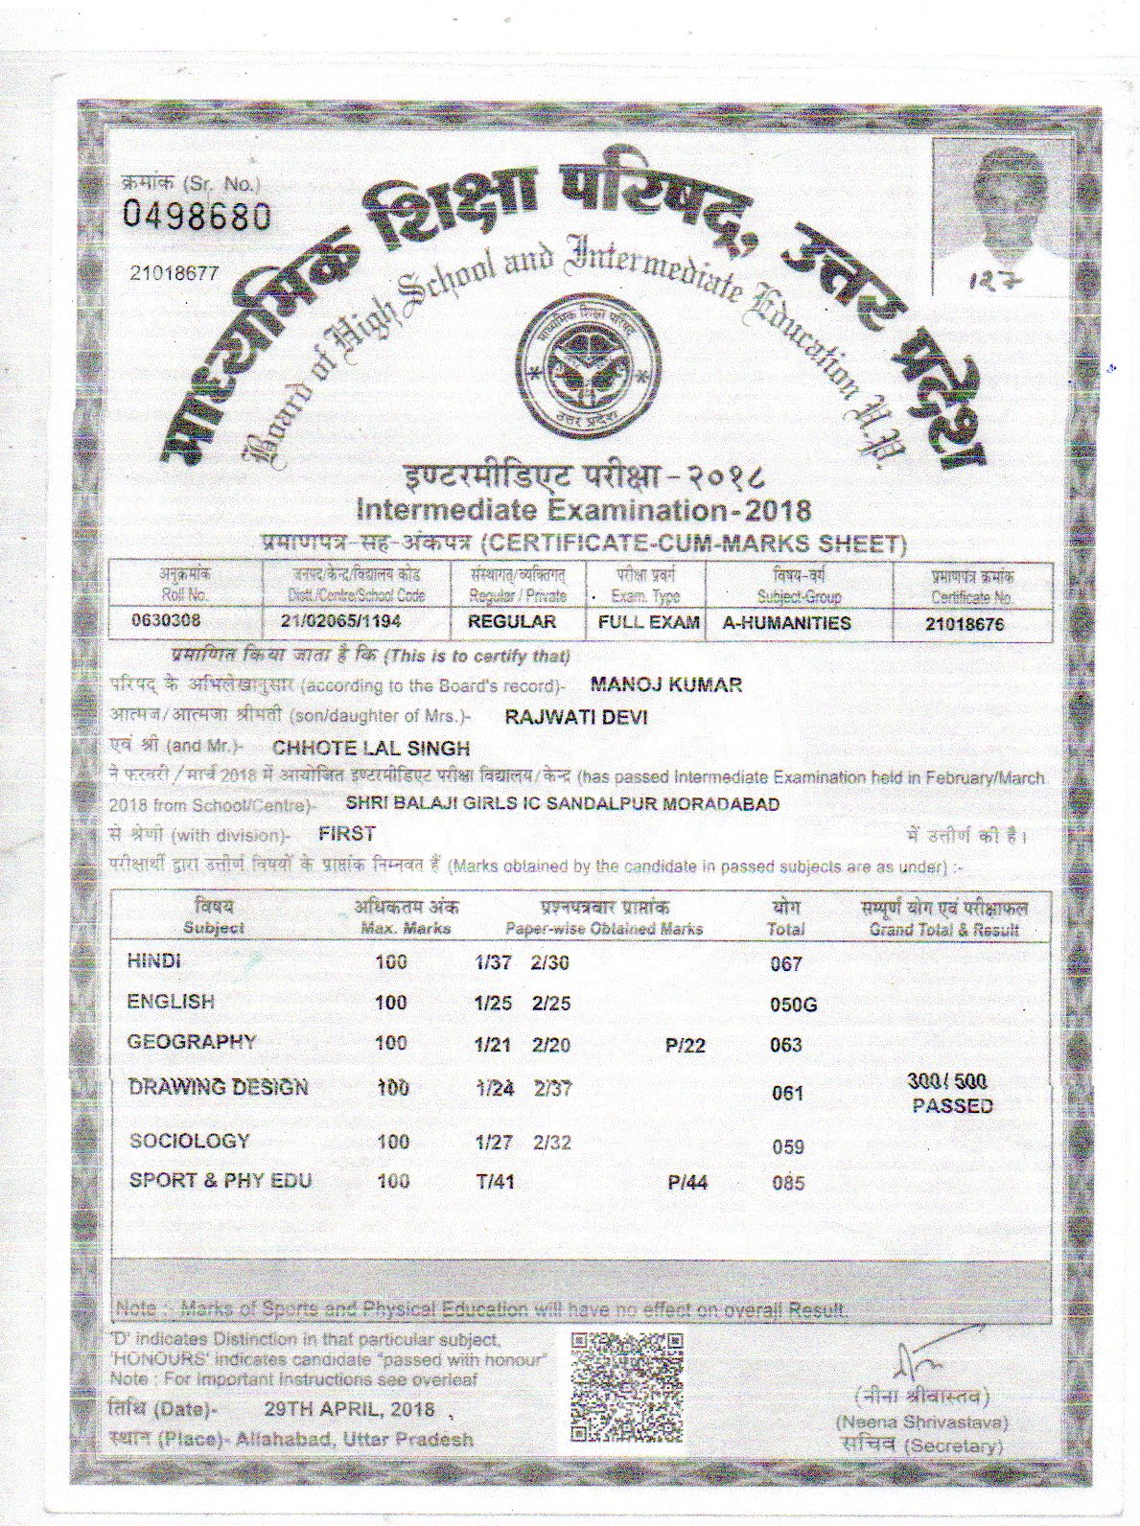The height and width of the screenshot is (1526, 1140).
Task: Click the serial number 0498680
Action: click(198, 218)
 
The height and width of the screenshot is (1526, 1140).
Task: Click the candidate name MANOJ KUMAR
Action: click(666, 684)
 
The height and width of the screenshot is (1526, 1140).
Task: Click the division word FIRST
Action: click(347, 834)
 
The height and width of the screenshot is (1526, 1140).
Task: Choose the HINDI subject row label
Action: click(153, 961)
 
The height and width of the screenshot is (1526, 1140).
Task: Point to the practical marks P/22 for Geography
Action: click(685, 1046)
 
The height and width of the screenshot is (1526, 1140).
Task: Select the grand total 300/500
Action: click(947, 1082)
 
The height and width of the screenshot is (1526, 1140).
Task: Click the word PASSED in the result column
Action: click(952, 1105)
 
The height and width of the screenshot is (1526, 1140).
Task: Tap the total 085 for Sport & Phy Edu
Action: click(788, 1183)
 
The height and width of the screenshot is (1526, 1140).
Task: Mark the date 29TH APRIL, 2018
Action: click(349, 1410)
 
